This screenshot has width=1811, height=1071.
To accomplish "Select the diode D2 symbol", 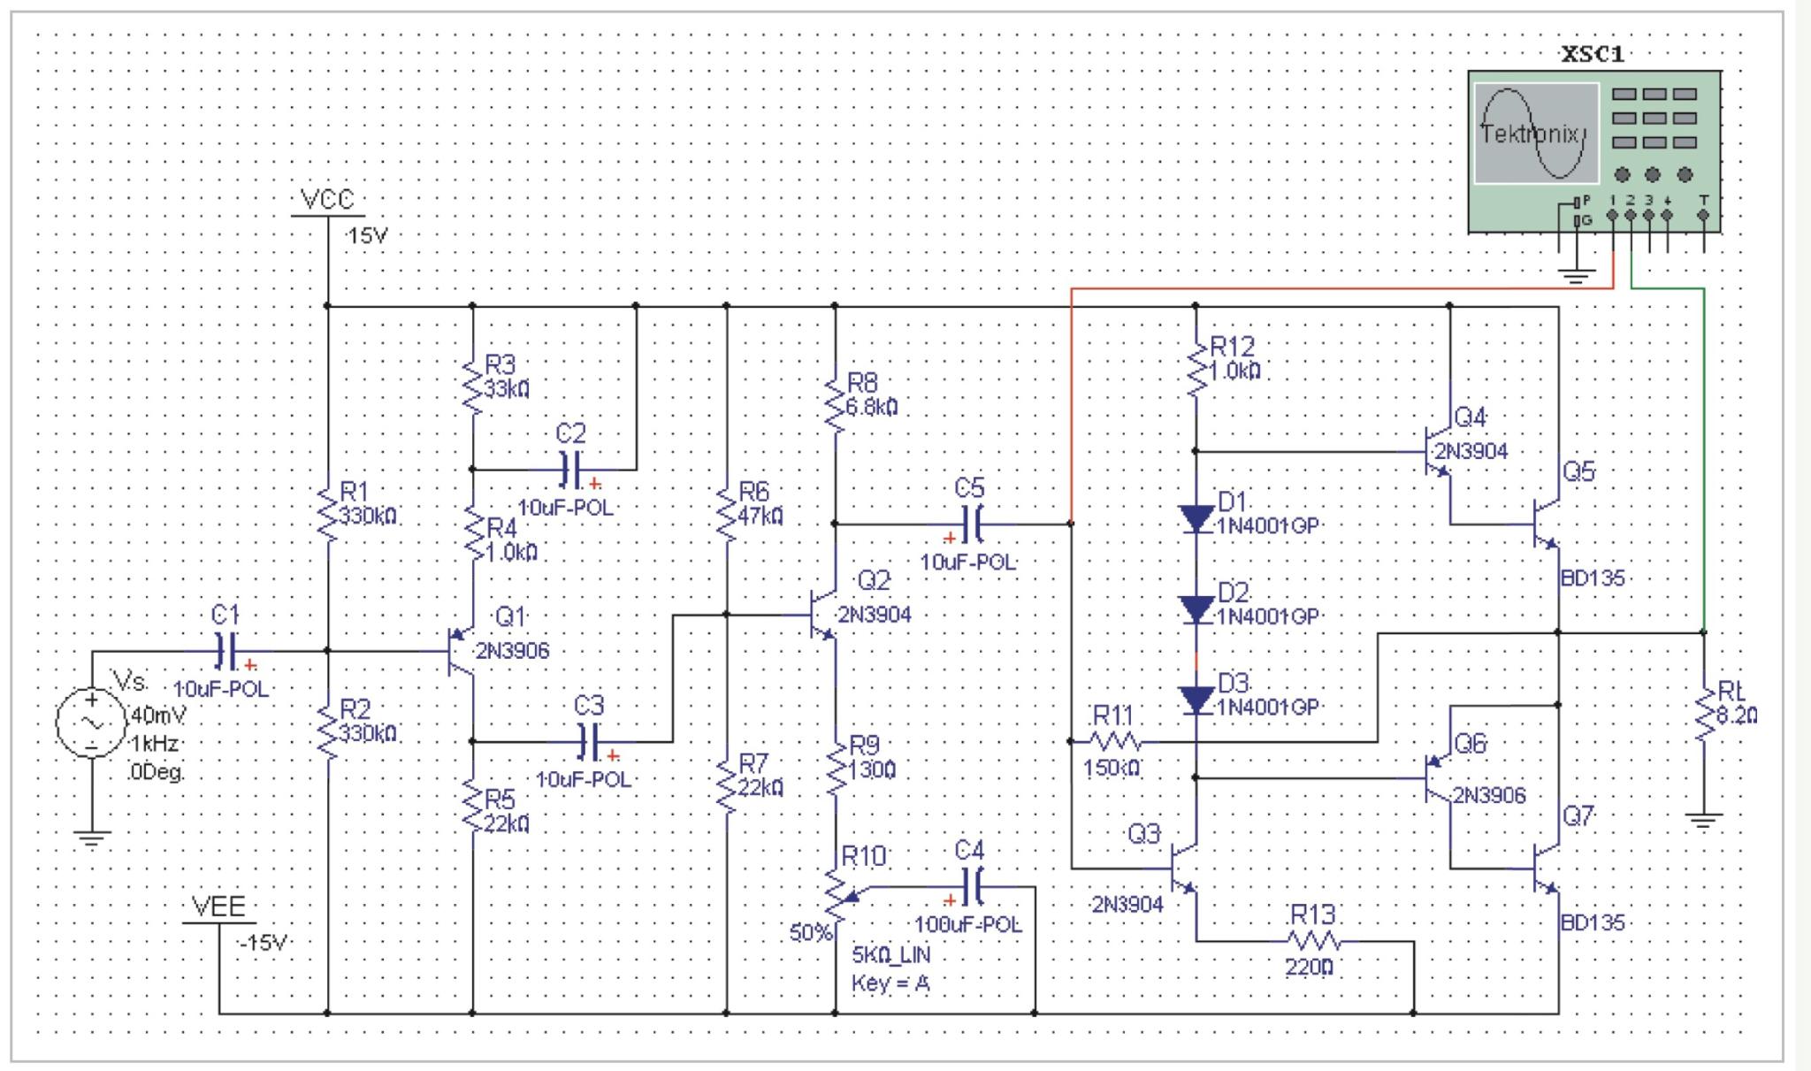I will point(1196,609).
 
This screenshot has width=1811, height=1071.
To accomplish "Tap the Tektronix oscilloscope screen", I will point(1536,134).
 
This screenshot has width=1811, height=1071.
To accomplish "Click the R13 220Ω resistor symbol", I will point(1313,941).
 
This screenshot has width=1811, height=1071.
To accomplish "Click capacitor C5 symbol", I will point(970,524).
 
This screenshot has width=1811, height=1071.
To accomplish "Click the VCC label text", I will point(327,200).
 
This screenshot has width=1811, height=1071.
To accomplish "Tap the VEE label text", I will point(218,907).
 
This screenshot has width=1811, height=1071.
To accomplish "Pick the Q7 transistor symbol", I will point(1544,868).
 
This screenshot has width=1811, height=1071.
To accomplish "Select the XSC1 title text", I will point(1593,54).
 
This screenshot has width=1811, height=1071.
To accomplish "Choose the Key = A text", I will point(890,983).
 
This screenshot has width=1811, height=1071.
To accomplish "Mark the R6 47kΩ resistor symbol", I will point(727,516).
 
